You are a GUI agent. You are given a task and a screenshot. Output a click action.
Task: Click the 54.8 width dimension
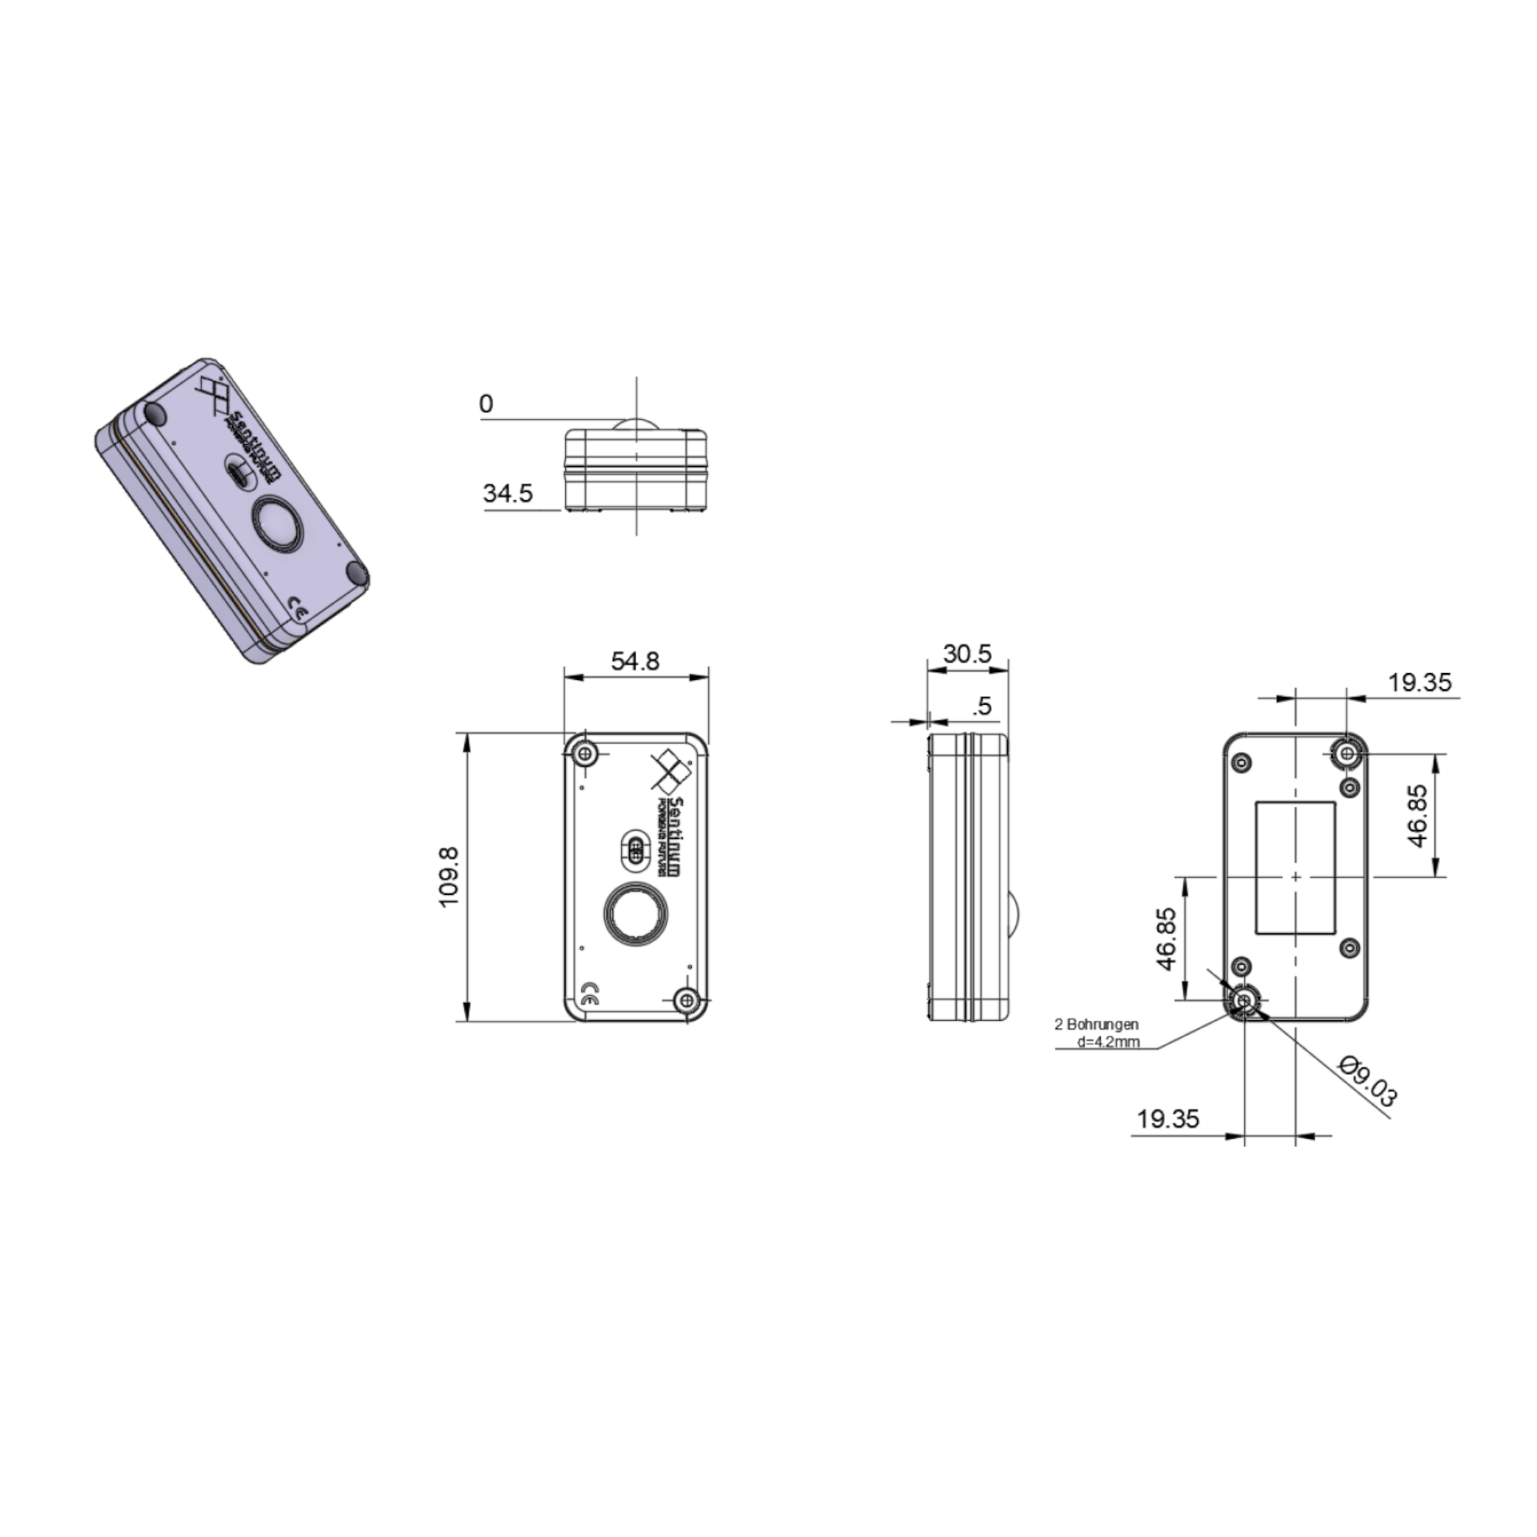(x=635, y=661)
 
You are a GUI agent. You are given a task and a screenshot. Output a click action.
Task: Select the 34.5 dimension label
(x=508, y=494)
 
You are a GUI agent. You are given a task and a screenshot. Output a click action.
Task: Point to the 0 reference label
(x=486, y=404)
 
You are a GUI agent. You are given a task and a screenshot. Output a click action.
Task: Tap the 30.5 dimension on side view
(x=967, y=654)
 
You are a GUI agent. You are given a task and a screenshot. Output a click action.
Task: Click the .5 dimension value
(x=983, y=706)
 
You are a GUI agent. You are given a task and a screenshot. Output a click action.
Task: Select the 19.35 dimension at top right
(x=1420, y=682)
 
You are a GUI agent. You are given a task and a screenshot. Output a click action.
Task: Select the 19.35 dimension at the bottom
(x=1167, y=1119)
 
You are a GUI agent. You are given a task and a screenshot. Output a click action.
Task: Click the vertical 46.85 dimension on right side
(x=1417, y=816)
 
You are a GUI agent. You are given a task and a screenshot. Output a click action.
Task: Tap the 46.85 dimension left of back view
(x=1166, y=939)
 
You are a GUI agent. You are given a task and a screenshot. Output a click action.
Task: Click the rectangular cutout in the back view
(x=1294, y=867)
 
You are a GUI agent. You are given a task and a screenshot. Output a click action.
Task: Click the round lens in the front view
(x=635, y=914)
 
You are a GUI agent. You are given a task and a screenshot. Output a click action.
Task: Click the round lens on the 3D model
(x=276, y=524)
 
